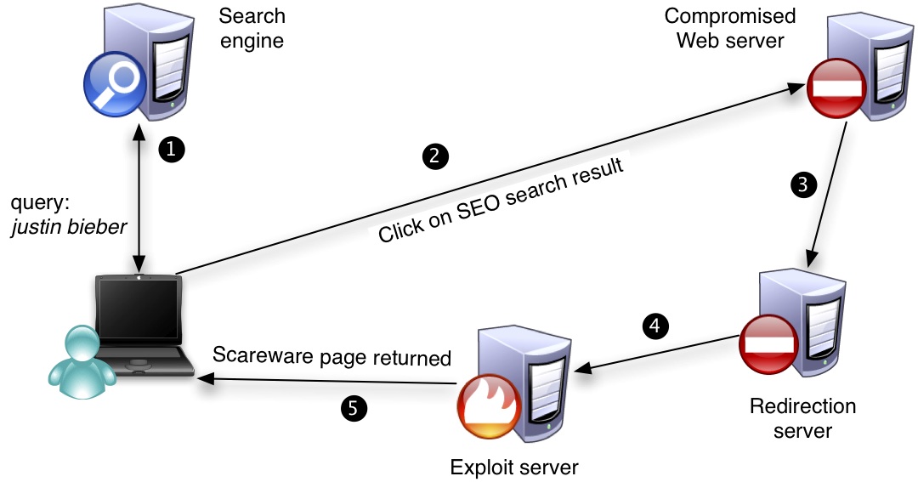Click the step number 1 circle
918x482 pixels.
click(171, 150)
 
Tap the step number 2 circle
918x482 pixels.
click(434, 156)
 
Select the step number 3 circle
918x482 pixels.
click(802, 183)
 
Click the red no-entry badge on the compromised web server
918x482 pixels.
click(837, 87)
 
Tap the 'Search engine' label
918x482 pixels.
click(252, 28)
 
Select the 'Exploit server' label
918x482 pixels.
click(514, 467)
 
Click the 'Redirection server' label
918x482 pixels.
click(802, 417)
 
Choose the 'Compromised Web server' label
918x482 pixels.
click(730, 28)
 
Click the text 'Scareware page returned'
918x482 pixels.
click(331, 356)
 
